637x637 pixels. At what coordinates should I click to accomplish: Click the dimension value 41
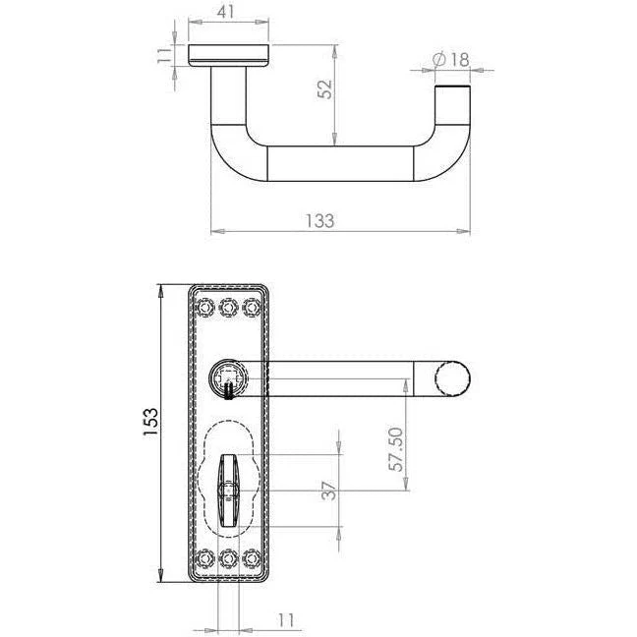pyautogui.click(x=225, y=11)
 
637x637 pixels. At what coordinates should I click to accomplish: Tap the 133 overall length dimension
pyautogui.click(x=319, y=220)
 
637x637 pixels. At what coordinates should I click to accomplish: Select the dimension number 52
pyautogui.click(x=325, y=89)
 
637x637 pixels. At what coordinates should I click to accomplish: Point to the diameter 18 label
pyautogui.click(x=451, y=60)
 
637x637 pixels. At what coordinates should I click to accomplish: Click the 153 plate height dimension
pyautogui.click(x=150, y=422)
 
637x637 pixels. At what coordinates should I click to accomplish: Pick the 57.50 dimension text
pyautogui.click(x=396, y=449)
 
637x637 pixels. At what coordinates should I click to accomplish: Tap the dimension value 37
pyautogui.click(x=328, y=491)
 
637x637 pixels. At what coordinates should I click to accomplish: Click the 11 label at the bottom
pyautogui.click(x=286, y=620)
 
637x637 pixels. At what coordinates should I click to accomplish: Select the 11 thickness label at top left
pyautogui.click(x=165, y=55)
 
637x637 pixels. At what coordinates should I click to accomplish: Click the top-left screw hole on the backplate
pyautogui.click(x=205, y=307)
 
